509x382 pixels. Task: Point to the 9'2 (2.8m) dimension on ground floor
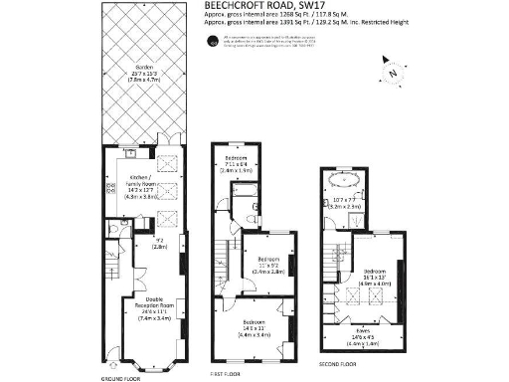click(x=158, y=244)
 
